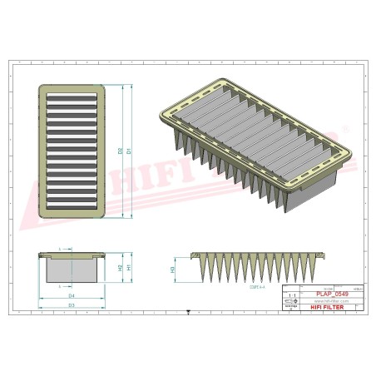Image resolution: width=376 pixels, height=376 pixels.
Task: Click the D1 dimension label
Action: [129, 152]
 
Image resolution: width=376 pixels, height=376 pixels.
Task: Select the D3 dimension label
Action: [72, 306]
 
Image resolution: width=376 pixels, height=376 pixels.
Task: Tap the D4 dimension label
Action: [72, 296]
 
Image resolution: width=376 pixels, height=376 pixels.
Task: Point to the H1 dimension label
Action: [129, 268]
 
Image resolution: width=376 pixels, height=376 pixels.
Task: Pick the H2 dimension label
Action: [120, 267]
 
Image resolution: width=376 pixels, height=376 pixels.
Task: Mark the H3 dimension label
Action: [172, 270]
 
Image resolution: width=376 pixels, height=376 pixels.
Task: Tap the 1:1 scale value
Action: [290, 294]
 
